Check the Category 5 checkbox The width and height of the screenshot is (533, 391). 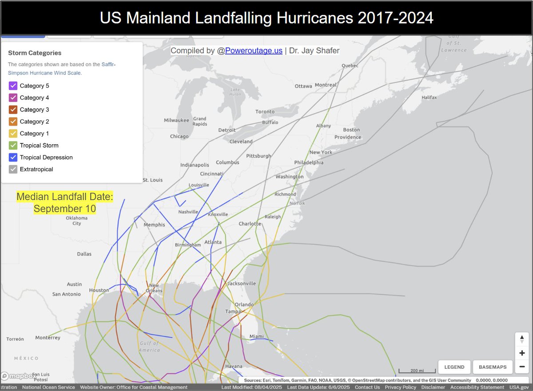[13, 86]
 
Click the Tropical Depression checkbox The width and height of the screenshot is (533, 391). [13, 157]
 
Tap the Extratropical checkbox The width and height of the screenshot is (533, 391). [13, 169]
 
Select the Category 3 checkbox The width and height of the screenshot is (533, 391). [13, 110]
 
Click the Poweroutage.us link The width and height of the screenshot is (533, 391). [254, 51]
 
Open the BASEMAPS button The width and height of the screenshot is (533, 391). [493, 367]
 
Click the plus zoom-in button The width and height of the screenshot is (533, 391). [522, 353]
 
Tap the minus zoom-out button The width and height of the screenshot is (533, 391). [522, 367]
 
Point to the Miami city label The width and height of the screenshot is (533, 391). [256, 336]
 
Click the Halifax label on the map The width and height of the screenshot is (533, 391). [430, 97]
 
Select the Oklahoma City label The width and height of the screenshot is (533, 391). [77, 221]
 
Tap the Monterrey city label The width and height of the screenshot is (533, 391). [48, 338]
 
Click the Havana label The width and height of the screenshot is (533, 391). [234, 366]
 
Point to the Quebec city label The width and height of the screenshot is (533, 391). [350, 66]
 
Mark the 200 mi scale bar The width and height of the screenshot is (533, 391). [417, 371]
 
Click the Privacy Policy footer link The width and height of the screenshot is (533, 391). [401, 387]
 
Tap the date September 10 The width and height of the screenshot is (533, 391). [65, 209]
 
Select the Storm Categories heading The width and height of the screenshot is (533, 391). [35, 53]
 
